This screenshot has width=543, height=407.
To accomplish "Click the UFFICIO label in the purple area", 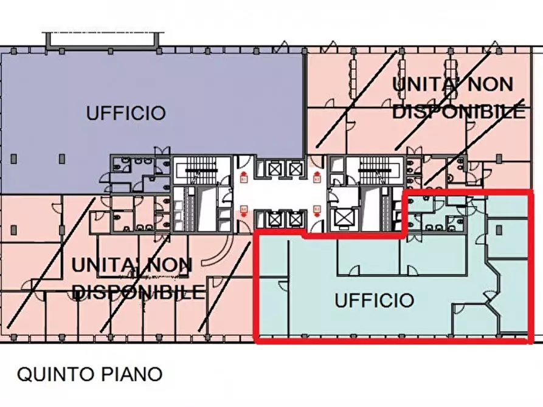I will (x=126, y=113).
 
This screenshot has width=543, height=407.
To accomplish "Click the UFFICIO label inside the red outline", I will (x=375, y=300).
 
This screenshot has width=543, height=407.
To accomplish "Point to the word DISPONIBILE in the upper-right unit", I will (x=459, y=112).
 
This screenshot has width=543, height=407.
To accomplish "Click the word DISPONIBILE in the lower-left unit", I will (x=139, y=292).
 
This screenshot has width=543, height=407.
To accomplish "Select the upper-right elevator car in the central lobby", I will (x=296, y=168).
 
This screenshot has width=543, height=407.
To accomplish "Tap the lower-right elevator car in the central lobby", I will (x=296, y=217).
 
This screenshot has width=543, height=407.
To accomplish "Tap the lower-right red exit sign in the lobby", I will (x=316, y=210).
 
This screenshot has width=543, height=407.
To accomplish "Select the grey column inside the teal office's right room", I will (x=499, y=230).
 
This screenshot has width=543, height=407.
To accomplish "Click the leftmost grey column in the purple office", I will (x=13, y=159).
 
